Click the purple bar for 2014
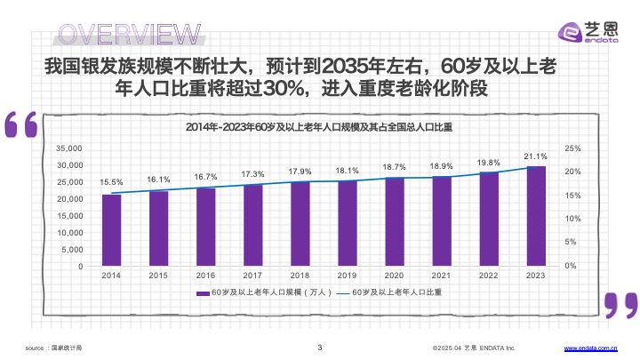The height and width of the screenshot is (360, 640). coord(111,230)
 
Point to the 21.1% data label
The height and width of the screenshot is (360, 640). coord(535,156)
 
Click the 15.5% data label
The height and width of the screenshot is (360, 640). coord(111,182)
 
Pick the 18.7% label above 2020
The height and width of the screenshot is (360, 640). coord(394,167)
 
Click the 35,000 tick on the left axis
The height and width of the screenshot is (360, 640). coord(68,148)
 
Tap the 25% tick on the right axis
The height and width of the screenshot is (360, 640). coord(572,148)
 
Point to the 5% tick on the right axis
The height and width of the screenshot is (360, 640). coord(571,242)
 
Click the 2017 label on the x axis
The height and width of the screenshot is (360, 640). coord(252,276)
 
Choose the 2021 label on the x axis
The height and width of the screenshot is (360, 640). coord(441,276)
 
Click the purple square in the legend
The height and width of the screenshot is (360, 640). coord(203,292)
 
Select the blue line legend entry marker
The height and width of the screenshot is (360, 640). coord(344,292)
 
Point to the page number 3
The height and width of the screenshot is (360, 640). coord(319,347)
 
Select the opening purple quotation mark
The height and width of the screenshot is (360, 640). coord(21,125)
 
